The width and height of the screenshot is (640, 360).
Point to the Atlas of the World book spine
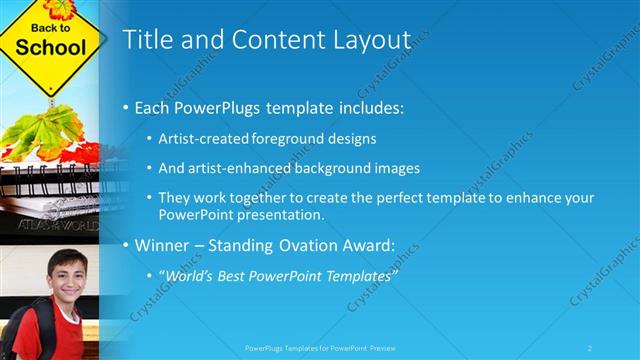click(x=50, y=226)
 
